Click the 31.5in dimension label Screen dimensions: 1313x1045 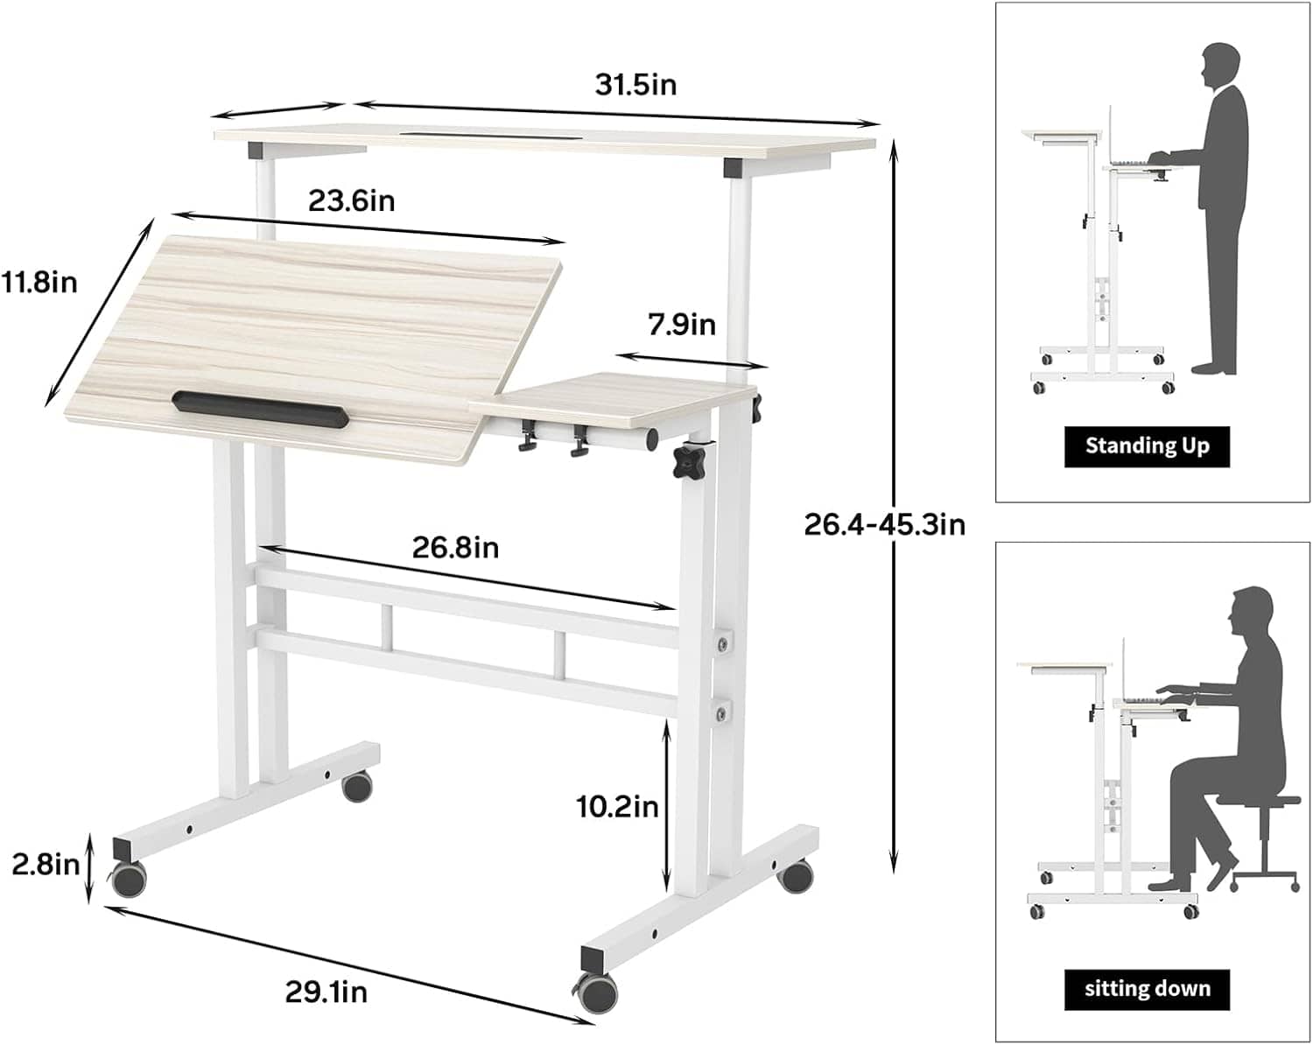635,85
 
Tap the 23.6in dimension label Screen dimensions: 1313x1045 351,200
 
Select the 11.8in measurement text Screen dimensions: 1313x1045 39,283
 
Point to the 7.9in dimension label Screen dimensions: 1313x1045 682,325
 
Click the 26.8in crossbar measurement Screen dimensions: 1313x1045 455,548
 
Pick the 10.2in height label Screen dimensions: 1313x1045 617,807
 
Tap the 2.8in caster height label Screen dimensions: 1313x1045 46,864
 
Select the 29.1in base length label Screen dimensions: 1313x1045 326,992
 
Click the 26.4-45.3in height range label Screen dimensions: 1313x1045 885,524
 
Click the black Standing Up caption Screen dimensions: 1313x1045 1147,446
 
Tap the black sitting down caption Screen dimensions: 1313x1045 1147,989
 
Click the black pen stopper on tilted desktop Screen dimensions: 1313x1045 261,409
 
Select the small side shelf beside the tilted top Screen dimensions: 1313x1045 613,400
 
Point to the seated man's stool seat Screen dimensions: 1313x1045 1258,800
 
